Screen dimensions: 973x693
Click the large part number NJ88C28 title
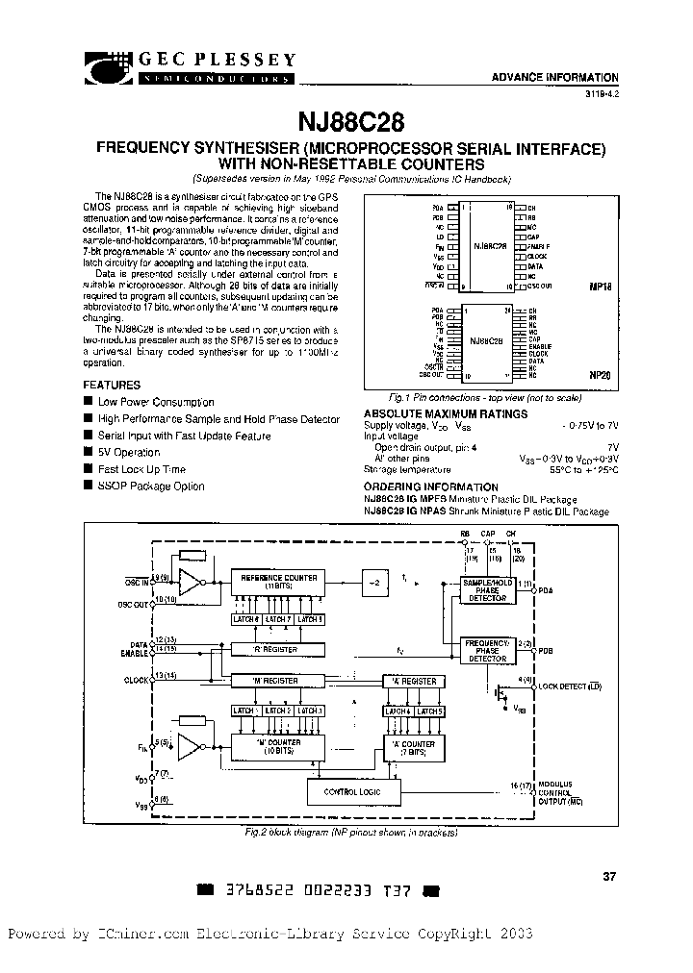pos(347,123)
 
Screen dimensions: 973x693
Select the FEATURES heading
pos(112,384)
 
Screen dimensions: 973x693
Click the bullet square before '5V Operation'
pos(88,452)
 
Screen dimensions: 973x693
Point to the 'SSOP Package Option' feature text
pos(151,486)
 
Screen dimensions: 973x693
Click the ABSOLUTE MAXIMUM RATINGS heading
pos(445,414)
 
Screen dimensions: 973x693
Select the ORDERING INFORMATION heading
pos(430,487)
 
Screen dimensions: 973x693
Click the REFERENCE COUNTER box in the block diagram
pos(278,582)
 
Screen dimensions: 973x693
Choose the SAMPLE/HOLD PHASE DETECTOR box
pos(486,590)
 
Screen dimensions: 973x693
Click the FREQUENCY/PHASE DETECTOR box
pos(486,650)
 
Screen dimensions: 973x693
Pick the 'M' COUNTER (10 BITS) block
pos(277,747)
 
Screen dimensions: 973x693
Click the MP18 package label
pos(601,287)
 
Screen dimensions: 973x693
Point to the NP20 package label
pos(601,377)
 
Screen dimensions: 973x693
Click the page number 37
pos(608,876)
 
